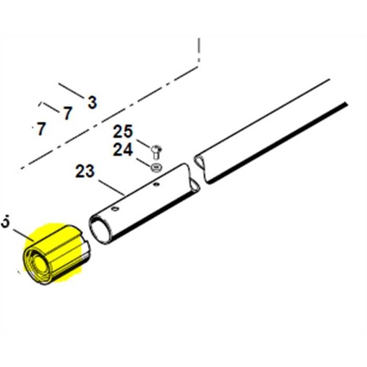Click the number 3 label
[92, 103]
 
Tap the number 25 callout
[123, 133]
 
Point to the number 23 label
[85, 172]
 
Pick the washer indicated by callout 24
[156, 167]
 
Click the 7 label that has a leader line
[67, 113]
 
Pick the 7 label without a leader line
[41, 130]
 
